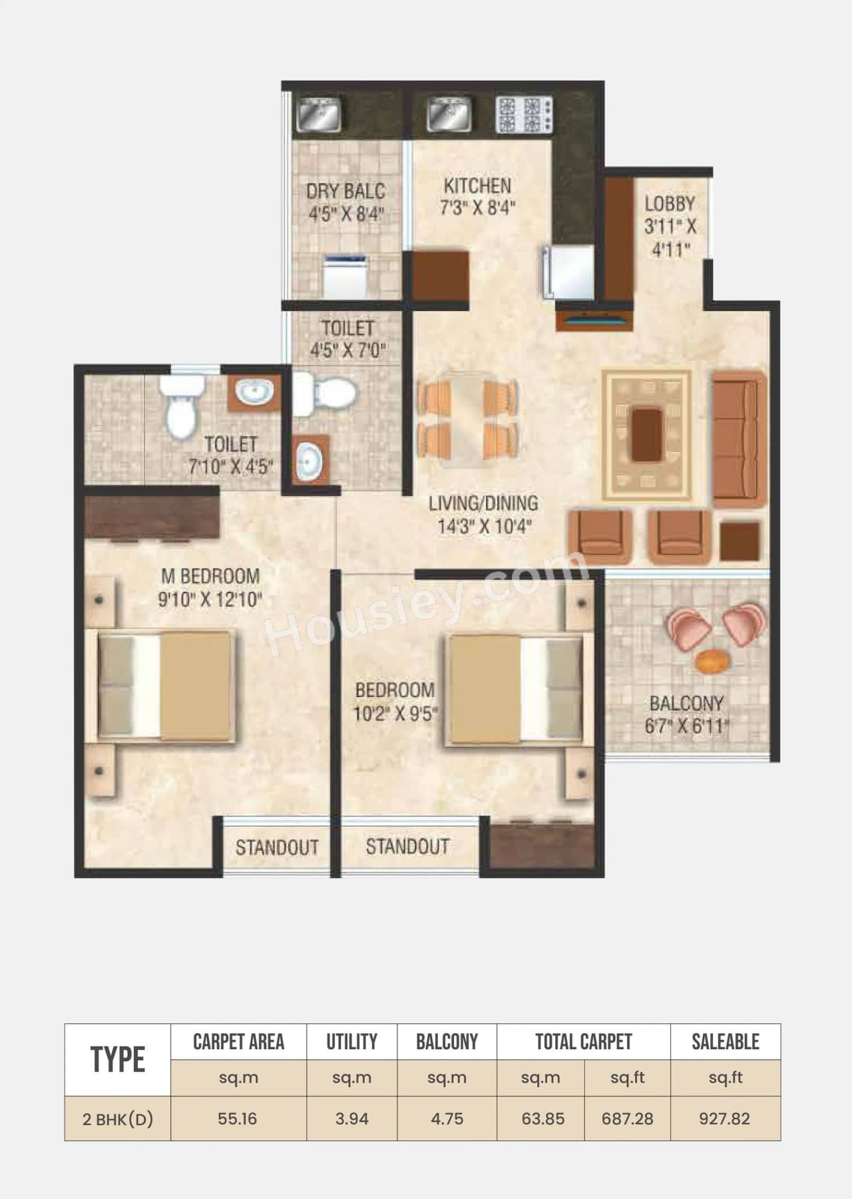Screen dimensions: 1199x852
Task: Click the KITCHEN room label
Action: [477, 186]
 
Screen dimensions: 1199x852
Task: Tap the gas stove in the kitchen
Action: [524, 115]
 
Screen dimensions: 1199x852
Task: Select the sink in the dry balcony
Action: [318, 115]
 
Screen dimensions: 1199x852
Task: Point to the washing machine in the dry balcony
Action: [345, 275]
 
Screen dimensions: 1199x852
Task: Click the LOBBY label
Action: [670, 204]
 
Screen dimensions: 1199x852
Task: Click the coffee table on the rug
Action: [646, 435]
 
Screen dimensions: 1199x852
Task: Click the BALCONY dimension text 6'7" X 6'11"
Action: [686, 726]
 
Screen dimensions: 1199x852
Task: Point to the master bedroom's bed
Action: [166, 686]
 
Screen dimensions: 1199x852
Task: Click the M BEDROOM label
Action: [210, 576]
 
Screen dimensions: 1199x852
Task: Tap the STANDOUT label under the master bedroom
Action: [277, 847]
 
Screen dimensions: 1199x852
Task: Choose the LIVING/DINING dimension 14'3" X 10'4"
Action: [484, 527]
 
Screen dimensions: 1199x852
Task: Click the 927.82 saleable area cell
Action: [724, 1118]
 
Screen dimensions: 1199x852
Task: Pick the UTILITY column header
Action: [351, 1042]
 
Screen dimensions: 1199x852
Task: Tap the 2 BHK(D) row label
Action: [118, 1119]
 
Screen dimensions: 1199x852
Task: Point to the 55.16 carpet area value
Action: [238, 1118]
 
